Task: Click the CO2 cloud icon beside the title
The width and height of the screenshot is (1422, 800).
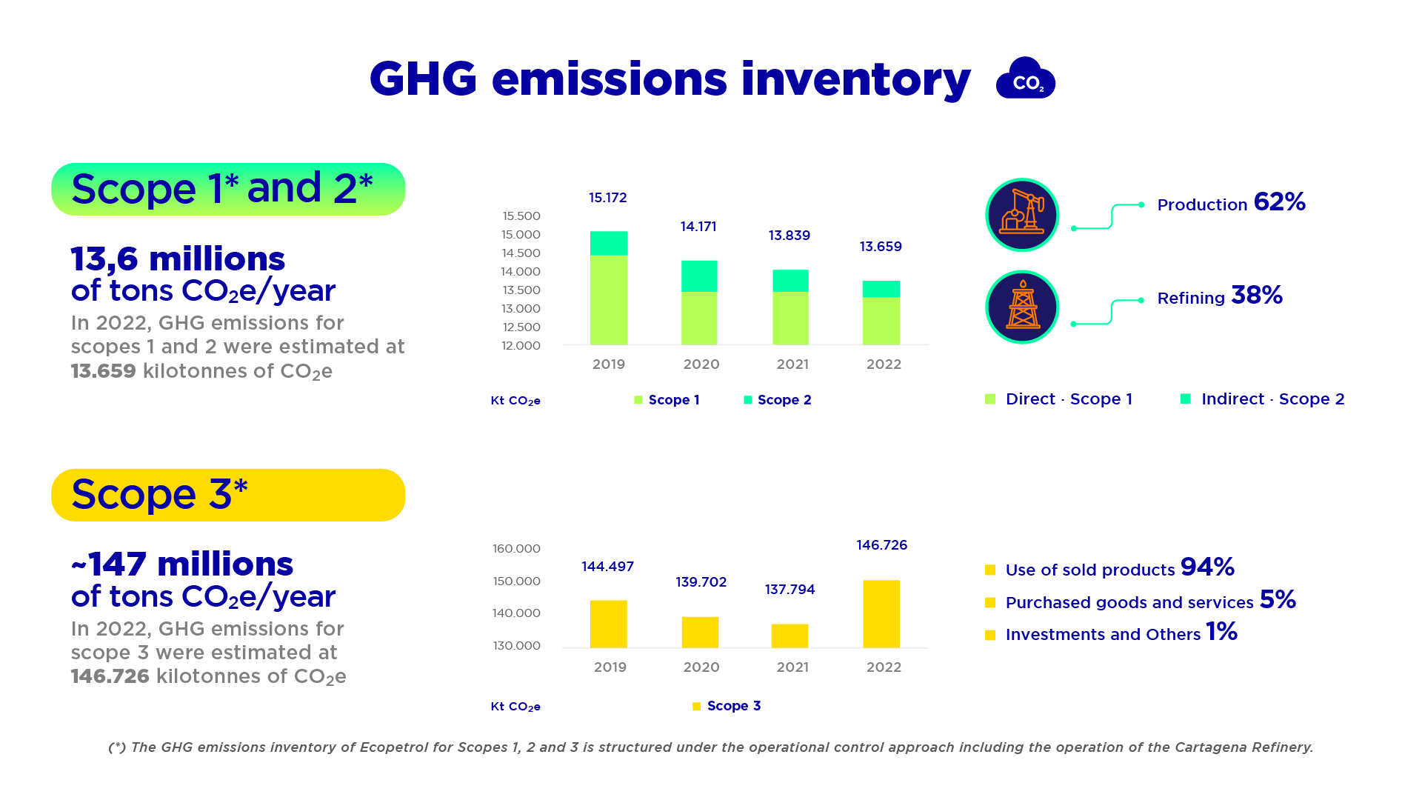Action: tap(1025, 79)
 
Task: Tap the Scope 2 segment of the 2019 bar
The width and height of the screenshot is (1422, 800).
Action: tap(609, 243)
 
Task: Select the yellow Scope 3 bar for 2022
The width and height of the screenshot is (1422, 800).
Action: tap(881, 614)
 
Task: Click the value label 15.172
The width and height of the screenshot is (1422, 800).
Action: tap(607, 198)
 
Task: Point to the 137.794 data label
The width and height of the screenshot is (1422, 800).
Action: tap(790, 590)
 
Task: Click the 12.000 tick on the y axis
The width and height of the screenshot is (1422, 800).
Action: tap(521, 346)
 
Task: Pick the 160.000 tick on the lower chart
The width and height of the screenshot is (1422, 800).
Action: tap(516, 549)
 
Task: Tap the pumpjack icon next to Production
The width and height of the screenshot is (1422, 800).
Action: tap(1022, 215)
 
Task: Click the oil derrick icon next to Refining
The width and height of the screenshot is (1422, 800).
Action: tap(1022, 307)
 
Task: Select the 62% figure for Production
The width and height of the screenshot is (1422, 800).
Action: tap(1279, 202)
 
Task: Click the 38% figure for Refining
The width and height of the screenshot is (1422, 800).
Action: tap(1256, 296)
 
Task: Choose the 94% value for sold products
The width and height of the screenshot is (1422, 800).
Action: tap(1207, 567)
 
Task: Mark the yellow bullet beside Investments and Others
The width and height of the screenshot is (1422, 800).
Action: tap(990, 635)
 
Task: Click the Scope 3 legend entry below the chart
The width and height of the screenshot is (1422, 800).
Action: tap(727, 706)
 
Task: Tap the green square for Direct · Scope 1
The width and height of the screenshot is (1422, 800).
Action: tap(990, 399)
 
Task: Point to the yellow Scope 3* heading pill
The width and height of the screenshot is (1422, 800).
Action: tap(228, 495)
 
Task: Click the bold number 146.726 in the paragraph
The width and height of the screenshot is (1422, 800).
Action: tap(110, 676)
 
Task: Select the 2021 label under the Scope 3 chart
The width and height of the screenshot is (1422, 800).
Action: tap(792, 667)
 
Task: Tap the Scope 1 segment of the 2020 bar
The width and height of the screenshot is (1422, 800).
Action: tap(699, 318)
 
